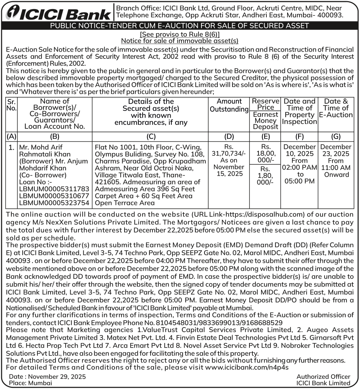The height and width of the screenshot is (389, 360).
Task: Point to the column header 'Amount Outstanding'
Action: coord(229,105)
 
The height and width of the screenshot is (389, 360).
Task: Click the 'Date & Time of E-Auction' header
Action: coord(336,108)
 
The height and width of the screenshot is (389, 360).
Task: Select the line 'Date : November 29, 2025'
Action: coord(47,377)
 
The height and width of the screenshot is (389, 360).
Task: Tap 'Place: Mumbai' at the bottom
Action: coord(31,383)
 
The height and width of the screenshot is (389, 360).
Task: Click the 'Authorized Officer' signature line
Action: coord(323,377)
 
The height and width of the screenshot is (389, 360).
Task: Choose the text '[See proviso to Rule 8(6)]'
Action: coord(180,34)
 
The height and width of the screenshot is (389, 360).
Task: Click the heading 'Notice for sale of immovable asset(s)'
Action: coord(180,41)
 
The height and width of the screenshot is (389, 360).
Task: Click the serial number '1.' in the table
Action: coord(12,147)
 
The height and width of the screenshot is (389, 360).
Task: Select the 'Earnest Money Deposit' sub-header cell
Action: coord(266,121)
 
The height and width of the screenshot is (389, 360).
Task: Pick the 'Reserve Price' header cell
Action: coord(266,104)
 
